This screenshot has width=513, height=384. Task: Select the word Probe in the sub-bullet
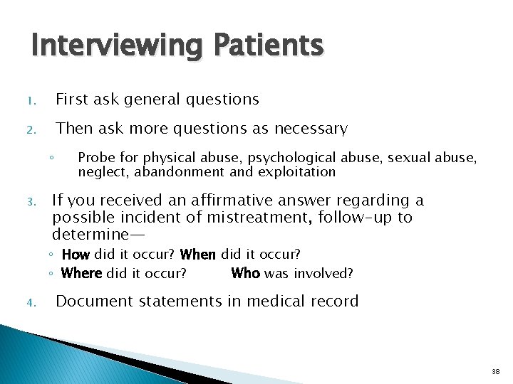click(94, 157)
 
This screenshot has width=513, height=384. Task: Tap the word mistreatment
click(249, 217)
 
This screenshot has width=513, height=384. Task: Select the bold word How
click(76, 254)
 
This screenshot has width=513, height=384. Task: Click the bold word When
click(199, 254)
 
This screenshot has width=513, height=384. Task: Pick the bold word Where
click(82, 273)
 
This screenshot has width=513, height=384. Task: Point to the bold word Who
click(245, 273)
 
